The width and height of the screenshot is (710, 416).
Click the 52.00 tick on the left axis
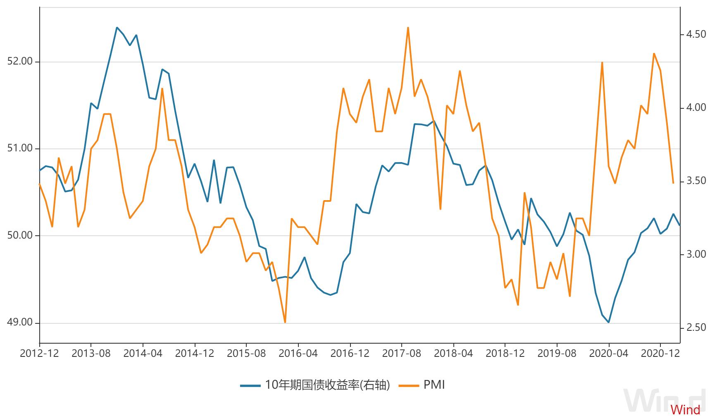click(x=20, y=62)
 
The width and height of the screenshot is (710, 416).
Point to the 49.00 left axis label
click(x=20, y=323)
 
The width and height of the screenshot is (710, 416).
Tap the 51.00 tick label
click(x=20, y=148)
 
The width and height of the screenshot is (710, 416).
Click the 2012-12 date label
click(x=39, y=354)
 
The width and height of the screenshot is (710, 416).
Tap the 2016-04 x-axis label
click(x=298, y=354)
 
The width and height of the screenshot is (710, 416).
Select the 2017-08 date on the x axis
click(x=401, y=354)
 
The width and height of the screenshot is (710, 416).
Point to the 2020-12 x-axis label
click(x=660, y=354)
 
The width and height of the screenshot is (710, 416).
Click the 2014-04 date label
click(x=143, y=354)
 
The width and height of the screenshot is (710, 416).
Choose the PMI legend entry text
click(x=434, y=385)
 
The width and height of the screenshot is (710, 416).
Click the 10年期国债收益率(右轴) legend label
click(x=327, y=385)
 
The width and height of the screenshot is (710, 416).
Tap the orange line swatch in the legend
click(x=409, y=386)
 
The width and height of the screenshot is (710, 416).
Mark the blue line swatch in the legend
click(x=250, y=386)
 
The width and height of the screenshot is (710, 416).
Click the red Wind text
click(x=685, y=409)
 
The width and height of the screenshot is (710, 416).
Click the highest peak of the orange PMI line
click(x=408, y=28)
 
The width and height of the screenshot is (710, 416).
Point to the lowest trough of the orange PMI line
click(x=285, y=322)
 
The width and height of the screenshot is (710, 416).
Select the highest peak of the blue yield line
click(x=117, y=28)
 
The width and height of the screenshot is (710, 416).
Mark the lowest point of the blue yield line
click(x=608, y=322)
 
